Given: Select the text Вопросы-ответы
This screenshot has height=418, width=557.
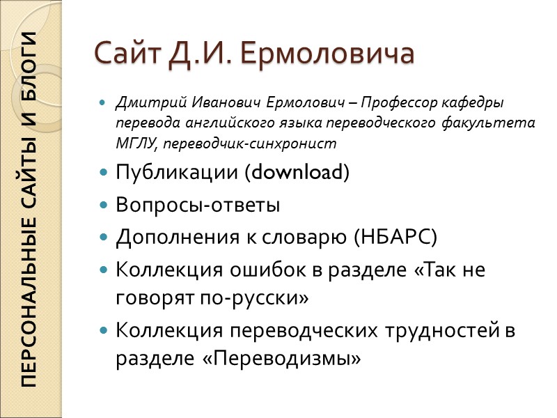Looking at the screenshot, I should pyautogui.click(x=198, y=206).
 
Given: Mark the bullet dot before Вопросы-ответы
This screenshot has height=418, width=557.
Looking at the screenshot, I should pyautogui.click(x=104, y=206).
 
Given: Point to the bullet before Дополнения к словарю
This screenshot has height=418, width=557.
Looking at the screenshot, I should pyautogui.click(x=104, y=238).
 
